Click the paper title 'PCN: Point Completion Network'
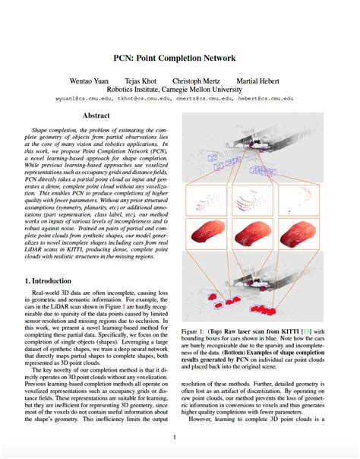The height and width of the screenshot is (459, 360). click(179, 58)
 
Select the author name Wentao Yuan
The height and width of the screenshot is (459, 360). click(112, 80)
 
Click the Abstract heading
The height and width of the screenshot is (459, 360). click(96, 116)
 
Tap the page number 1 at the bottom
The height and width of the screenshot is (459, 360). click(175, 437)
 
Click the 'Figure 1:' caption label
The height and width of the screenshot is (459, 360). click(194, 332)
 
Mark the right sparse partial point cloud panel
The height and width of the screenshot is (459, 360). click(298, 199)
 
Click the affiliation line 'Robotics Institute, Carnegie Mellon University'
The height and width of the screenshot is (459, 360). click(181, 89)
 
